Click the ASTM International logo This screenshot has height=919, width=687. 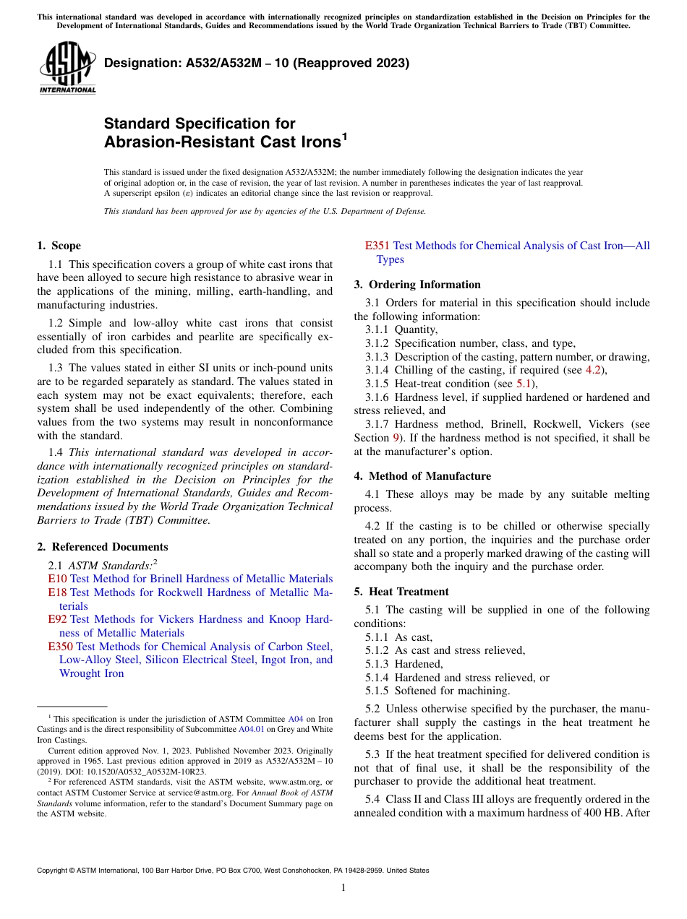click(67, 69)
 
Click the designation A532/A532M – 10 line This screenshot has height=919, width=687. click(257, 63)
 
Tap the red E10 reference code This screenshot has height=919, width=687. click(57, 579)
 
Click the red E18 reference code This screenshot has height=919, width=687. click(57, 592)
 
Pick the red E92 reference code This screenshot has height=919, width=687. click(57, 619)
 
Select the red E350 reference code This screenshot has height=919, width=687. click(60, 647)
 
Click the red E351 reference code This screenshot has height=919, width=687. click(377, 246)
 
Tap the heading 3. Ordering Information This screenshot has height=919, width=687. click(417, 285)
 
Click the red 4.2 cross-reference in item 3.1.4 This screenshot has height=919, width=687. click(593, 371)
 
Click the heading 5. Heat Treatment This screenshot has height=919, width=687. click(401, 592)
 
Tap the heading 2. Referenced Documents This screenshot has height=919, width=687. click(103, 547)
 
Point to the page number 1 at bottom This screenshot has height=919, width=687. click(343, 888)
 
